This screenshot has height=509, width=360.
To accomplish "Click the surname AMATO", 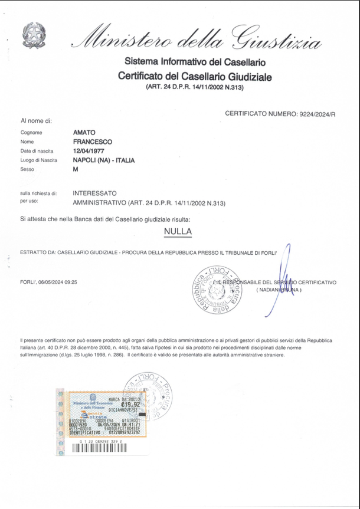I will [84, 133].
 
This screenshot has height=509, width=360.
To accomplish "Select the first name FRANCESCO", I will [92, 142].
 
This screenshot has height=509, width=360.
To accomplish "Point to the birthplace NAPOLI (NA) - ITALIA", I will [104, 160].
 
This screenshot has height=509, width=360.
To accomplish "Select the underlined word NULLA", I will [178, 232].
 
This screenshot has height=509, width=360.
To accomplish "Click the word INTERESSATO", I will [94, 193].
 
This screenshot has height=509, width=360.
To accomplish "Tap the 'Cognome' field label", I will [31, 133].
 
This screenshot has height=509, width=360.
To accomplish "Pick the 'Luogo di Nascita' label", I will [38, 160].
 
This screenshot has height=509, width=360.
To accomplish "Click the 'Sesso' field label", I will [27, 169].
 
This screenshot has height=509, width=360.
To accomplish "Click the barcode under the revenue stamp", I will [100, 448].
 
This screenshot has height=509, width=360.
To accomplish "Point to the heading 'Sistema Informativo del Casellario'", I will [195, 63].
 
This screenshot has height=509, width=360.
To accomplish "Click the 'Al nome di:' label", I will [37, 121].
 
